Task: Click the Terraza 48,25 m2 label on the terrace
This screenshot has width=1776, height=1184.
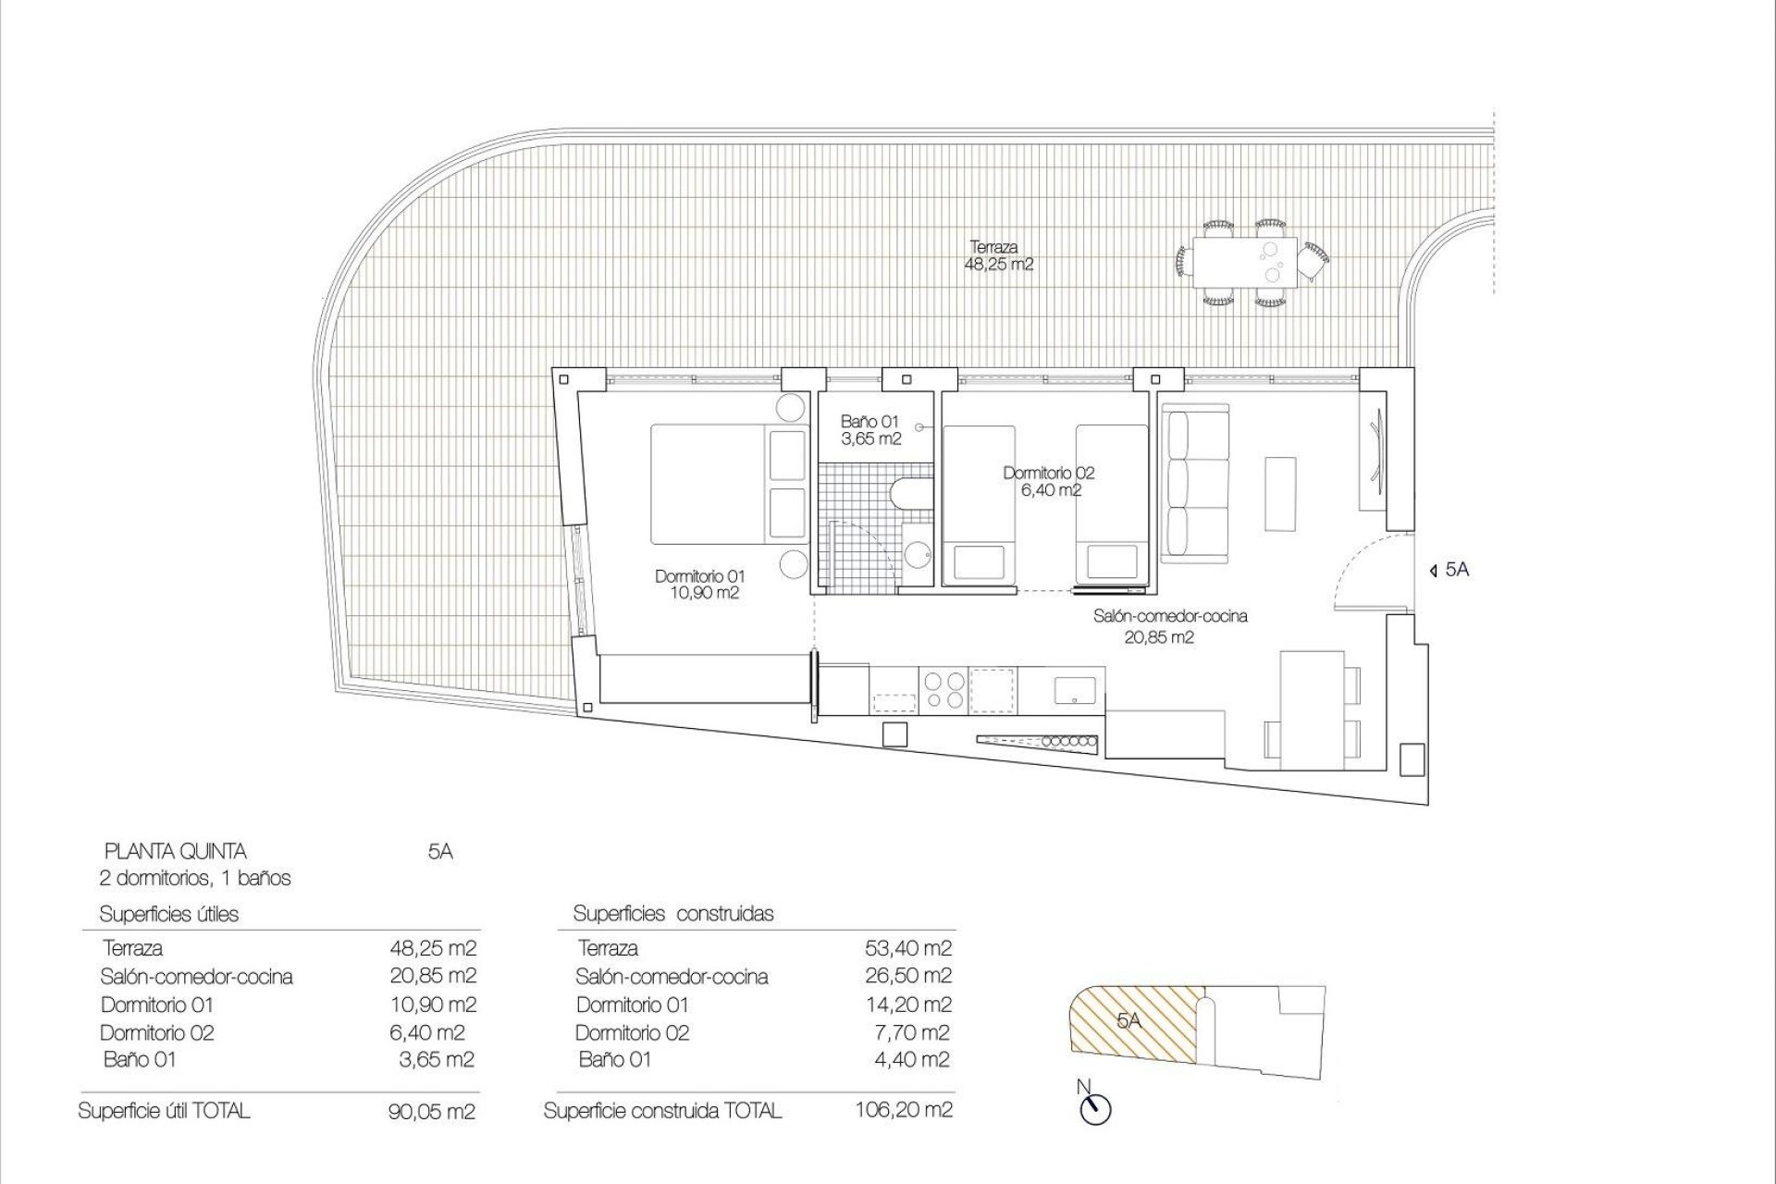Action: click(999, 256)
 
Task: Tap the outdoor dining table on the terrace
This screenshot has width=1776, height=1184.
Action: click(1245, 260)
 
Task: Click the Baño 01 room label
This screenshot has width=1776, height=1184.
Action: click(869, 430)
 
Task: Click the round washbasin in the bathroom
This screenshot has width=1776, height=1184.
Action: click(918, 554)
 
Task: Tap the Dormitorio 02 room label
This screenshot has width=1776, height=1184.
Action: click(1048, 481)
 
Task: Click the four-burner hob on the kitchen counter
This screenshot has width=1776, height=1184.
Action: click(943, 690)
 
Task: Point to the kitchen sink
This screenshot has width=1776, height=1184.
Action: click(1075, 690)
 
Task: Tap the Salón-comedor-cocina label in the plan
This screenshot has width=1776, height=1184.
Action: click(1169, 625)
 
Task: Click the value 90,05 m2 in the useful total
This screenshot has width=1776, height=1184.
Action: click(432, 1111)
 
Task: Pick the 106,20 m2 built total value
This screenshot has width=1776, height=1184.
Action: click(904, 1109)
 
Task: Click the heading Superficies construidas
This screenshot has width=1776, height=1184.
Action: click(673, 914)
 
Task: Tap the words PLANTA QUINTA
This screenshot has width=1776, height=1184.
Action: click(175, 851)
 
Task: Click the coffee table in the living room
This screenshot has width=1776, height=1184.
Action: click(1281, 493)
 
